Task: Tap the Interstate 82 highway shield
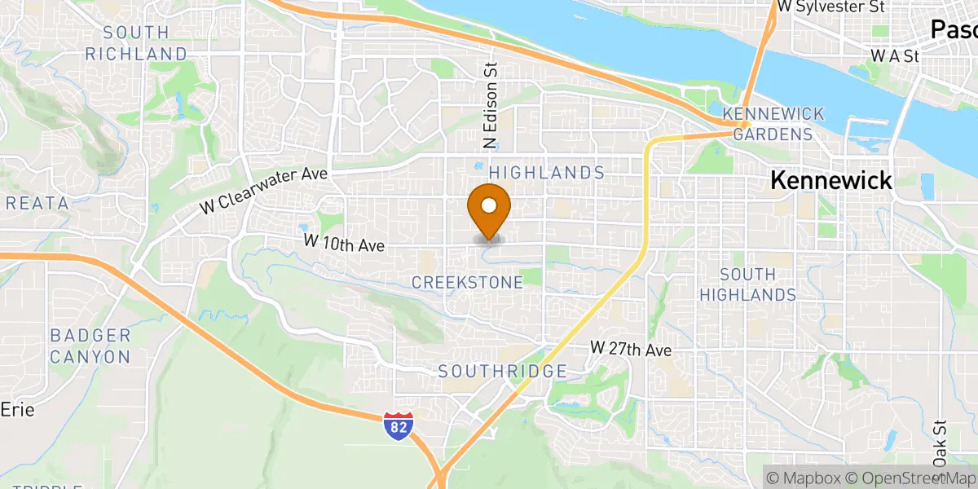coord(398,425)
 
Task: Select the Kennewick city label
coord(831,180)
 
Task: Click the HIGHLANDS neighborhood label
coord(547,173)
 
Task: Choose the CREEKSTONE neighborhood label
coord(467,282)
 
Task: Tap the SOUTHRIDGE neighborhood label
coord(502,372)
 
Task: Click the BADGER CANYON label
coord(90,346)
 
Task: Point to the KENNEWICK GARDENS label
coord(773,123)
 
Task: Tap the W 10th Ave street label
coord(343,242)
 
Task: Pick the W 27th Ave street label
coord(632,349)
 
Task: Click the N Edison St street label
coord(491,107)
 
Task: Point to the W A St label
coord(894,56)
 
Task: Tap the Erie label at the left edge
coord(17,410)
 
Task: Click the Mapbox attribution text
coord(803,478)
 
